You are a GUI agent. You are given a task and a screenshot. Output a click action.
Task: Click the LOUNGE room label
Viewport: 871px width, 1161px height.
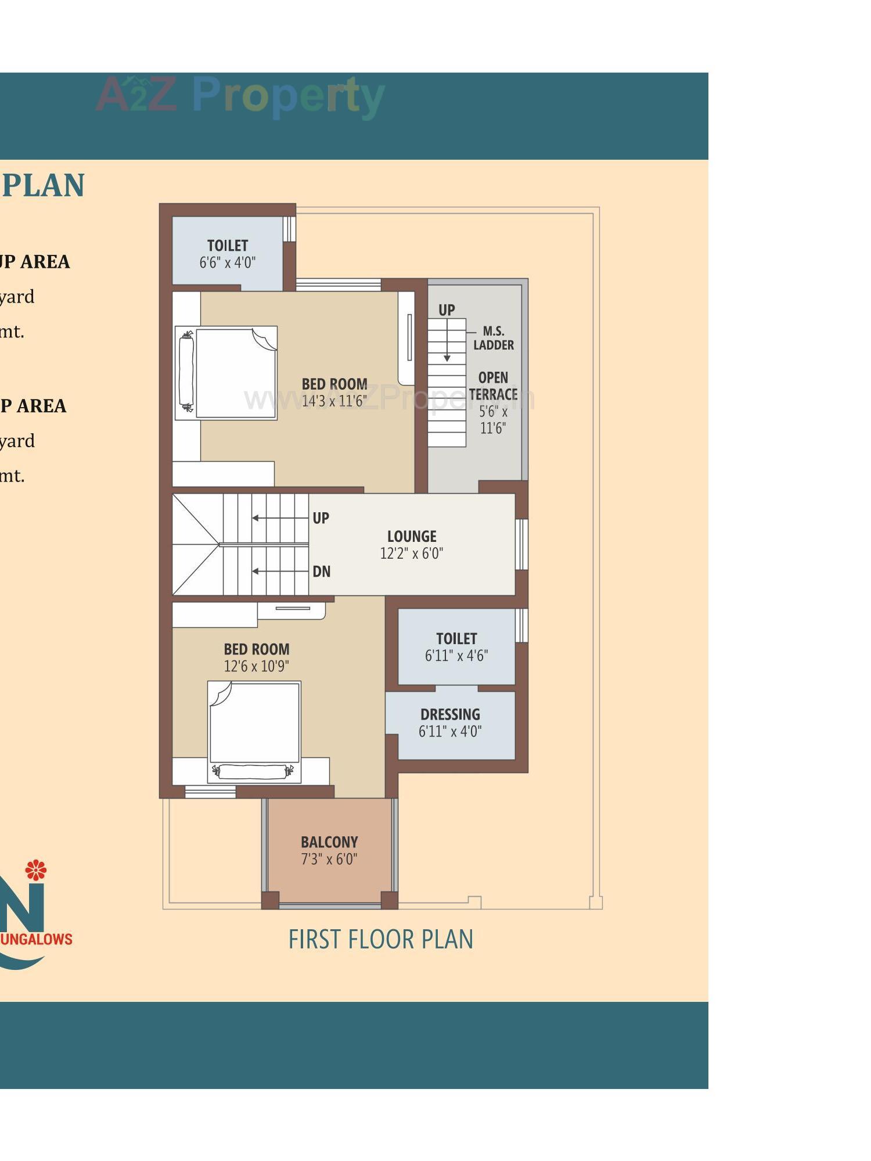(x=412, y=536)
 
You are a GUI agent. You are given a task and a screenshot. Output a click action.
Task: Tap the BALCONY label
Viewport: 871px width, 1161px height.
(x=329, y=842)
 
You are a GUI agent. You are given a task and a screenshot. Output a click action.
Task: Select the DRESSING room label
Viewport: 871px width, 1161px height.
(x=450, y=714)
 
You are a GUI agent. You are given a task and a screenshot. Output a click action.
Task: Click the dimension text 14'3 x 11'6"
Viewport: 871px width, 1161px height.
(x=334, y=401)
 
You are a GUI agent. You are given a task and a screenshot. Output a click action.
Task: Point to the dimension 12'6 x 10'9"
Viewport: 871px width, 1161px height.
(x=256, y=666)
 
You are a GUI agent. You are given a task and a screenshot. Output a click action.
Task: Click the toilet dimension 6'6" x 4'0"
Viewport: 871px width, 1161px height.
(x=227, y=263)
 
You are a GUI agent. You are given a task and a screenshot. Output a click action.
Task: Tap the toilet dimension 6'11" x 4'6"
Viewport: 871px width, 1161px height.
(x=456, y=656)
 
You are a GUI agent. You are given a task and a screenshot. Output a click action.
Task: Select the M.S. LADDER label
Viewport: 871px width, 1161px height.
(x=494, y=338)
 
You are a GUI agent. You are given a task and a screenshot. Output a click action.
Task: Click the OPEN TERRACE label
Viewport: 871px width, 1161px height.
(x=493, y=386)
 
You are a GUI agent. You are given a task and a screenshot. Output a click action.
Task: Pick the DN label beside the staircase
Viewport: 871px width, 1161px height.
(x=321, y=571)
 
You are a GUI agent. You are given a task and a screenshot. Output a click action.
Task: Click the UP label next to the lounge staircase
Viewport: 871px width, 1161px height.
(x=321, y=517)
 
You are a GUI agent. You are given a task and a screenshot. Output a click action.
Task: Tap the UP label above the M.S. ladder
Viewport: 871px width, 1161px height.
(x=446, y=310)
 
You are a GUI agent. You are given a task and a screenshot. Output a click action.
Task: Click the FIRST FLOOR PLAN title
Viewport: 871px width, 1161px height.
(x=381, y=939)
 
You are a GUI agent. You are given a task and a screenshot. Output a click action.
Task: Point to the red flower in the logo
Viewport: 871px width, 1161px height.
(x=35, y=870)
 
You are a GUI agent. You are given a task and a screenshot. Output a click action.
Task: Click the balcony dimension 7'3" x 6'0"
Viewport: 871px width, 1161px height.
(x=329, y=859)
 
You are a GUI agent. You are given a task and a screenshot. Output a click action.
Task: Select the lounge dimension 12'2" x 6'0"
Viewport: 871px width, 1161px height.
(x=411, y=553)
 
